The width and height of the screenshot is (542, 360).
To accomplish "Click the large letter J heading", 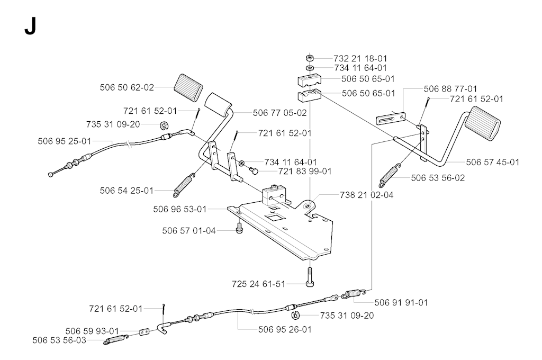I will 30,26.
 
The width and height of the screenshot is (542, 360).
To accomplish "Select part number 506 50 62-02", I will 127,87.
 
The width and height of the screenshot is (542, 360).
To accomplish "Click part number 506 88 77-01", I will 450,89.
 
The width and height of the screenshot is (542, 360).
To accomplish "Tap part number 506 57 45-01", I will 493,162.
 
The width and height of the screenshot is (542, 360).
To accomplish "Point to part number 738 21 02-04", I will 367,195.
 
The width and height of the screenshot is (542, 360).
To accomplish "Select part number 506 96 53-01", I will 179,209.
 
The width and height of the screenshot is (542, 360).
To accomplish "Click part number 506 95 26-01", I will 285,329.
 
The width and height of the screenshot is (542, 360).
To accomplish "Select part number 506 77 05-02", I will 279,112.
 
